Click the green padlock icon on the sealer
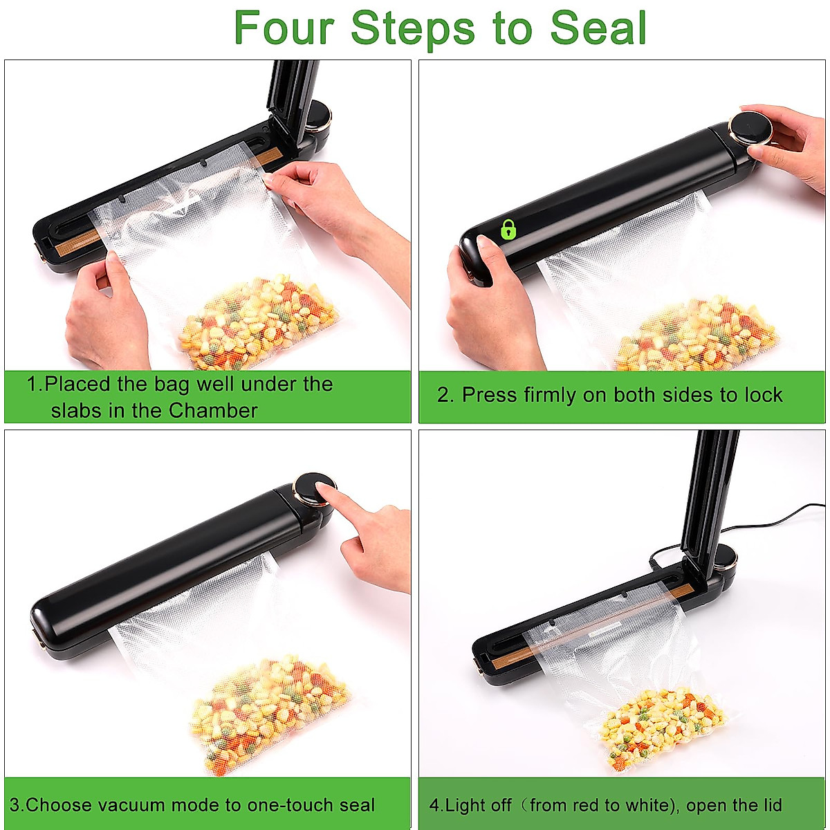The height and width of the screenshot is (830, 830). tap(508, 229)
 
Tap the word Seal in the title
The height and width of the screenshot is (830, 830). tap(598, 28)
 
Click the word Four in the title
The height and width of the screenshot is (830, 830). tap(284, 28)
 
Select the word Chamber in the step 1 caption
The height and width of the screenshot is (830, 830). tap(213, 410)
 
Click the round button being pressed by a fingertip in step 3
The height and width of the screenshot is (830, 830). tap(314, 489)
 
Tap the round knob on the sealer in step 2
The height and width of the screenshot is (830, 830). tap(750, 129)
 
